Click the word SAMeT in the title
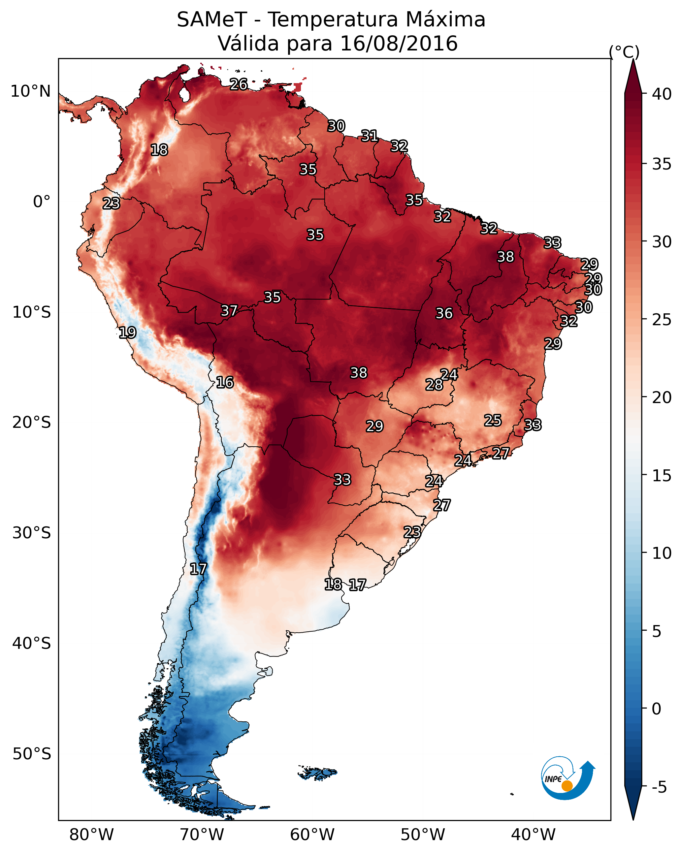212,20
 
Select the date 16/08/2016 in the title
399,44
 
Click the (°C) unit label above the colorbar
624,52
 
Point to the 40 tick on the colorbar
662,94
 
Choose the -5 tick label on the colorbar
660,787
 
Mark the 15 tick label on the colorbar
662,476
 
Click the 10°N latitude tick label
30,91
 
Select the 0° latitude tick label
42,202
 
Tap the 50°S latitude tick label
32,754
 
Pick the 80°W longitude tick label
91,835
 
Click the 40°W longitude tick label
533,835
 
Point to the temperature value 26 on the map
239,84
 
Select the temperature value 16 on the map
225,382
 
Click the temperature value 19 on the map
127,332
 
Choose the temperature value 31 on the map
369,136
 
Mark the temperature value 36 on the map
444,313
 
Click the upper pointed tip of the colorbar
633,59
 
